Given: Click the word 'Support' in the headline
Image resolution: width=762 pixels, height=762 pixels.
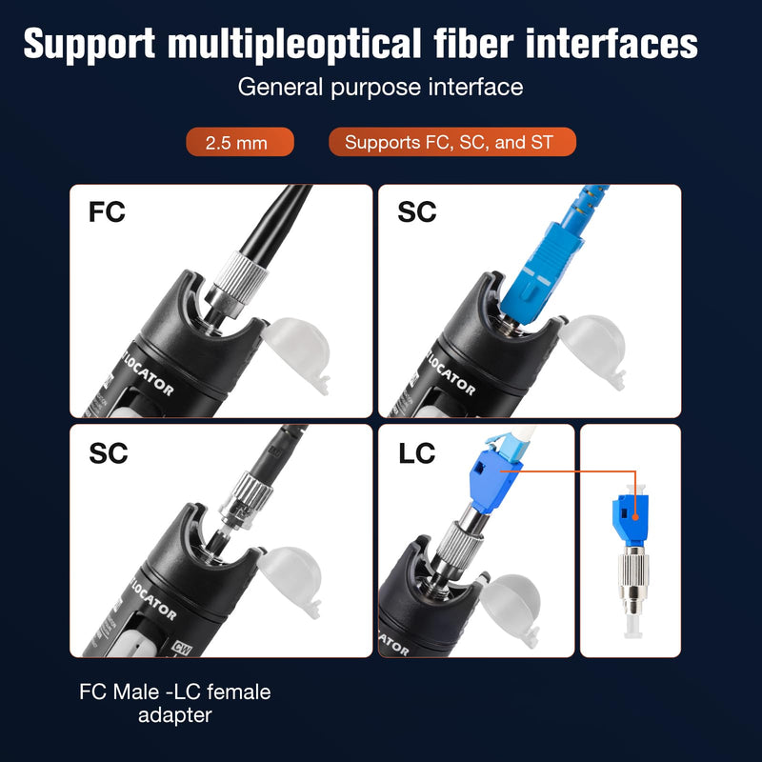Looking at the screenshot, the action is pos(90,44).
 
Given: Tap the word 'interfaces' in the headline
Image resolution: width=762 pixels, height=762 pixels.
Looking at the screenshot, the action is pos(612,43).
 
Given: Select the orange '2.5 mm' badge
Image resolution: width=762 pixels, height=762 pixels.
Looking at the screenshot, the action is pos(240,142).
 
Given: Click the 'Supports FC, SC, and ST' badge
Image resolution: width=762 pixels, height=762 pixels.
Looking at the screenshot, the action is pos(452,142).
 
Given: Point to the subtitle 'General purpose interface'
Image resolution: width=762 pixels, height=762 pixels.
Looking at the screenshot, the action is pos(380,88).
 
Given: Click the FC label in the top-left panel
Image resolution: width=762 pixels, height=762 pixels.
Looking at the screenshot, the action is pos(107,211).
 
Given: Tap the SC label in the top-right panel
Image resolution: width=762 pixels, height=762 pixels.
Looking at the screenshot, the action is pos(417,211).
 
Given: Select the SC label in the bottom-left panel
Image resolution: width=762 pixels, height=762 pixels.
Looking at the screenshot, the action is pos(109,453).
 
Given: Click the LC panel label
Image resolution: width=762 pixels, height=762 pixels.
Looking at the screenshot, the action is pos(416,453).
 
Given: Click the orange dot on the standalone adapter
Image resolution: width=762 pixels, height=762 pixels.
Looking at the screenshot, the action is pos(635,517).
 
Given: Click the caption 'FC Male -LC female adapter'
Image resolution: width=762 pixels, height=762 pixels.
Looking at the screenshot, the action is pos(175,703).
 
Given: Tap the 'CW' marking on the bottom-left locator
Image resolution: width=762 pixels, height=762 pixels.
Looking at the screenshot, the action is pos(183,649).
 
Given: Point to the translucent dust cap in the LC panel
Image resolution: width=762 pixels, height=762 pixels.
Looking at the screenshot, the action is pos(511,610).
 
